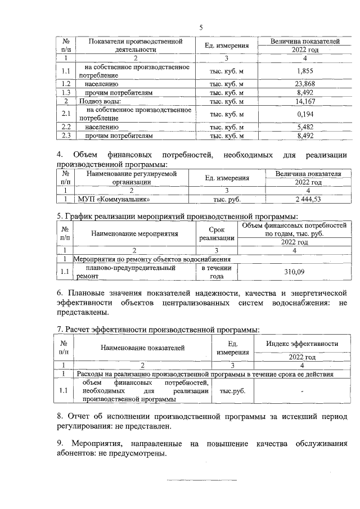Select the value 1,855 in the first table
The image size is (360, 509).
pyautogui.click(x=304, y=70)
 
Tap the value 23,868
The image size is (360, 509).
pyautogui.click(x=304, y=83)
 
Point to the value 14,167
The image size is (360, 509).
pyautogui.click(x=304, y=101)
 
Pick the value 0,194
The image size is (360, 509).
pyautogui.click(x=304, y=114)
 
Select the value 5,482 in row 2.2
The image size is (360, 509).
pyautogui.click(x=304, y=127)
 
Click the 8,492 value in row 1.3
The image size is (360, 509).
pyautogui.click(x=304, y=92)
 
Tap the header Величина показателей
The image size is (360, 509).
pyautogui.click(x=304, y=42)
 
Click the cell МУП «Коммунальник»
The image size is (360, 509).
pyautogui.click(x=109, y=199)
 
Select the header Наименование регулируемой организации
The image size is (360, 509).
pyautogui.click(x=131, y=178)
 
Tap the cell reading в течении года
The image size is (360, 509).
pyautogui.click(x=217, y=272)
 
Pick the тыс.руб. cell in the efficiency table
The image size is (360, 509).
pyautogui.click(x=232, y=391)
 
